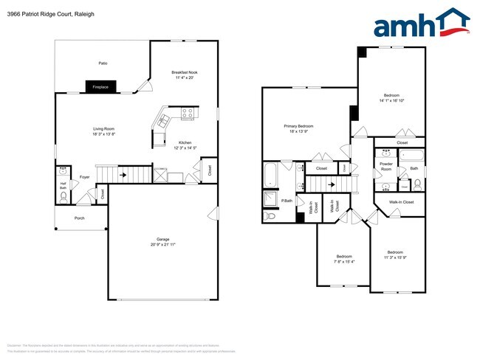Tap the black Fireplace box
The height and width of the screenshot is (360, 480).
100,87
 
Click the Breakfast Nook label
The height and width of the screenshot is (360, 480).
184,72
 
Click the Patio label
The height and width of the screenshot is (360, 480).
103,63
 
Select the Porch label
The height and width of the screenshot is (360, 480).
79,218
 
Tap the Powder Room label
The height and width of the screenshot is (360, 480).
385,166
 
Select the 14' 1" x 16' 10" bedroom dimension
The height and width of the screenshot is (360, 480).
391,100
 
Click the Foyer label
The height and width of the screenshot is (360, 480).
85,177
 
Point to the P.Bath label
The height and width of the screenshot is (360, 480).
287,201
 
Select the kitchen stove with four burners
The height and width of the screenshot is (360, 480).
187,114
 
